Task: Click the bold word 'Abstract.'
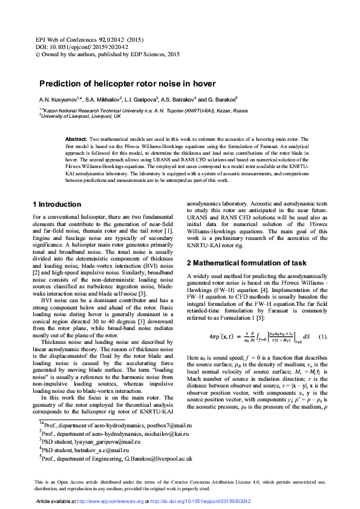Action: click(x=76, y=139)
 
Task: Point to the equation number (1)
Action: click(x=322, y=337)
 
